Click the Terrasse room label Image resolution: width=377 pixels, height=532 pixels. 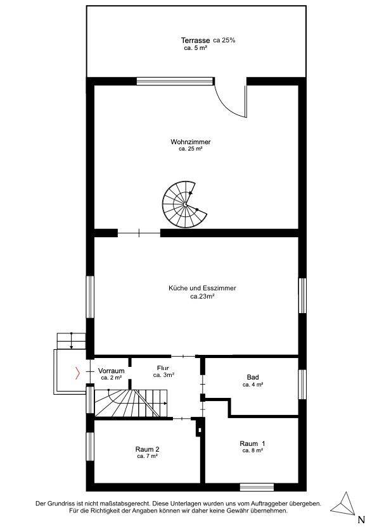click(195, 40)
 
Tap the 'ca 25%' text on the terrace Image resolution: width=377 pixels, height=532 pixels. click(224, 40)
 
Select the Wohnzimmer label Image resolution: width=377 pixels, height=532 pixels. click(191, 142)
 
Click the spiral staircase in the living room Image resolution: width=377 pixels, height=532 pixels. click(184, 204)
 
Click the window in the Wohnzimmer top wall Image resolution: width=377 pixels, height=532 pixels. click(175, 81)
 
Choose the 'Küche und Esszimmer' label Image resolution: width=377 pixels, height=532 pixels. click(202, 288)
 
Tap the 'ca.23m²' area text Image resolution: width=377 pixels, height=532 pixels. click(202, 296)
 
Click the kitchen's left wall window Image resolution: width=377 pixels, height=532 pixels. click(90, 297)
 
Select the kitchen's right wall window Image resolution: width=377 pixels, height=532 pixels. click(302, 295)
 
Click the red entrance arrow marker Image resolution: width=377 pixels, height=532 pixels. click(77, 373)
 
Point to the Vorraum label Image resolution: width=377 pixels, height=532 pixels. click(111, 371)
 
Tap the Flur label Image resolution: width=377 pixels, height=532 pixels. click(163, 368)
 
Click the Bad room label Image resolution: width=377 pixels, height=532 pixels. click(253, 377)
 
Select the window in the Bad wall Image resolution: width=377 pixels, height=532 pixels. click(302, 385)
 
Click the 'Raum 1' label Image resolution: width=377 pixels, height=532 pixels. click(253, 443)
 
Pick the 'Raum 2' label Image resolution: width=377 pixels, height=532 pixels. click(147, 449)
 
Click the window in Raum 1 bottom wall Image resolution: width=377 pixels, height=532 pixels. click(257, 487)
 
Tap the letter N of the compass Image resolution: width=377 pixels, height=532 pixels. click(361, 520)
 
